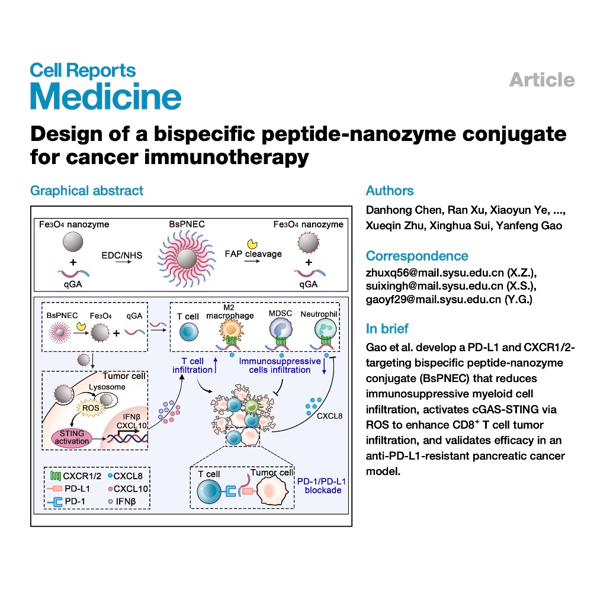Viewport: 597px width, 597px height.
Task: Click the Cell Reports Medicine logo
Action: (x=105, y=86)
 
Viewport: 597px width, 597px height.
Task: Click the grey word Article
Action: (x=542, y=80)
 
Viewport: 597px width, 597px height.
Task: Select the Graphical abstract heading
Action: (x=87, y=191)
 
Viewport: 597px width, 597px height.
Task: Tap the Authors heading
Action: (x=390, y=190)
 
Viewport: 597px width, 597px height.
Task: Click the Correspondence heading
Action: (x=417, y=256)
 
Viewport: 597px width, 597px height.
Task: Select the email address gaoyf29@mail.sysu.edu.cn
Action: (x=434, y=300)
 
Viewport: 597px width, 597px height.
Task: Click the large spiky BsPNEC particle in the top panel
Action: (x=187, y=259)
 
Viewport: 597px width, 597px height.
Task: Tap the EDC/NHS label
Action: (x=122, y=255)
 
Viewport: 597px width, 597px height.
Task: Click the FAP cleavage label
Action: (x=253, y=254)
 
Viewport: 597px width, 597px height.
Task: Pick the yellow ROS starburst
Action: (x=91, y=408)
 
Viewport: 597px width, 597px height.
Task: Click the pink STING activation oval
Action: (x=72, y=438)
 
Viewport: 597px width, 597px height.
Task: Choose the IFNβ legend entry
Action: (x=122, y=502)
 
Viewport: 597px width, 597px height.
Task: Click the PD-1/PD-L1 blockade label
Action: (x=322, y=486)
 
